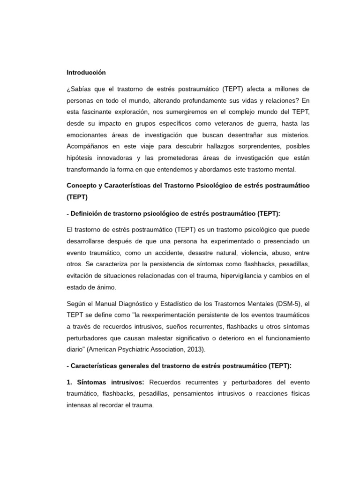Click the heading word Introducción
tap(86, 73)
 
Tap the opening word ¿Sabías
tap(78, 89)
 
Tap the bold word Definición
tap(87, 213)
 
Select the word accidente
tap(156, 252)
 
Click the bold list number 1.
tap(69, 382)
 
